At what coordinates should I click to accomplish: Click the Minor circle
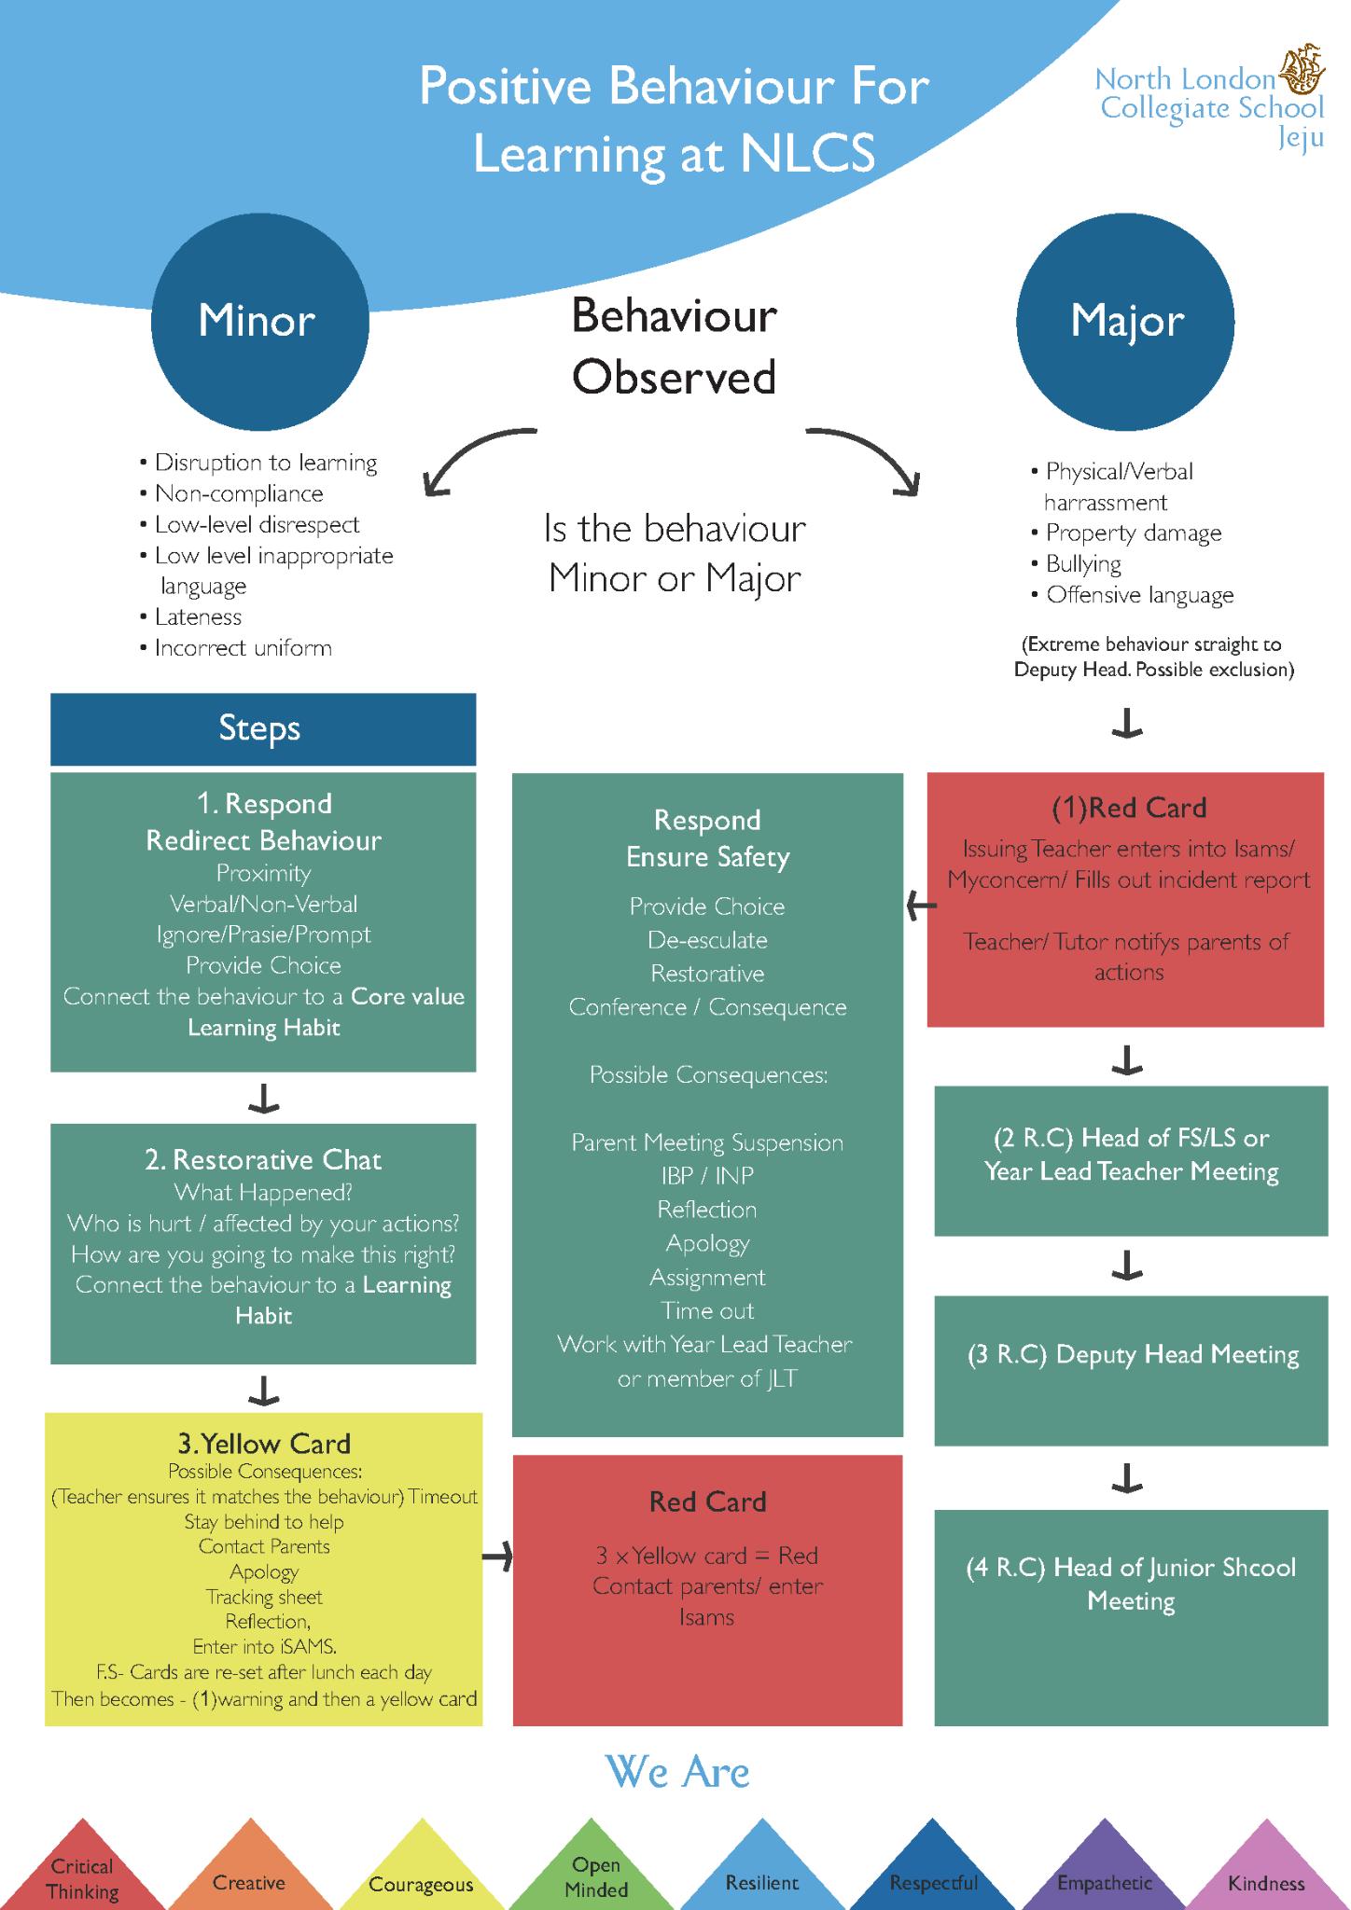259,321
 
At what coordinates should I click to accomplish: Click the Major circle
1125,321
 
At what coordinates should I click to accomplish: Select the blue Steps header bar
262,728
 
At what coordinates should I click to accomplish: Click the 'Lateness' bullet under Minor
197,617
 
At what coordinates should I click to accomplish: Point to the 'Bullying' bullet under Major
1082,564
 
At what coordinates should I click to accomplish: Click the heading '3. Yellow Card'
264,1444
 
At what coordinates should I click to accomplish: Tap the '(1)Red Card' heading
1128,808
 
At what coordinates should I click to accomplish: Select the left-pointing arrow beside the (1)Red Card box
922,905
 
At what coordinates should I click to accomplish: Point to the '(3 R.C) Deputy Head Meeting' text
1132,1354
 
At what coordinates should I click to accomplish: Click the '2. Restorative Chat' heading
263,1160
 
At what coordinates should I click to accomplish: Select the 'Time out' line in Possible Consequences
707,1310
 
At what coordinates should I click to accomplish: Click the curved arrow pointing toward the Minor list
476,457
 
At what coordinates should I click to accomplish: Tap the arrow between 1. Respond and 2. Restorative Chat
263,1099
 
